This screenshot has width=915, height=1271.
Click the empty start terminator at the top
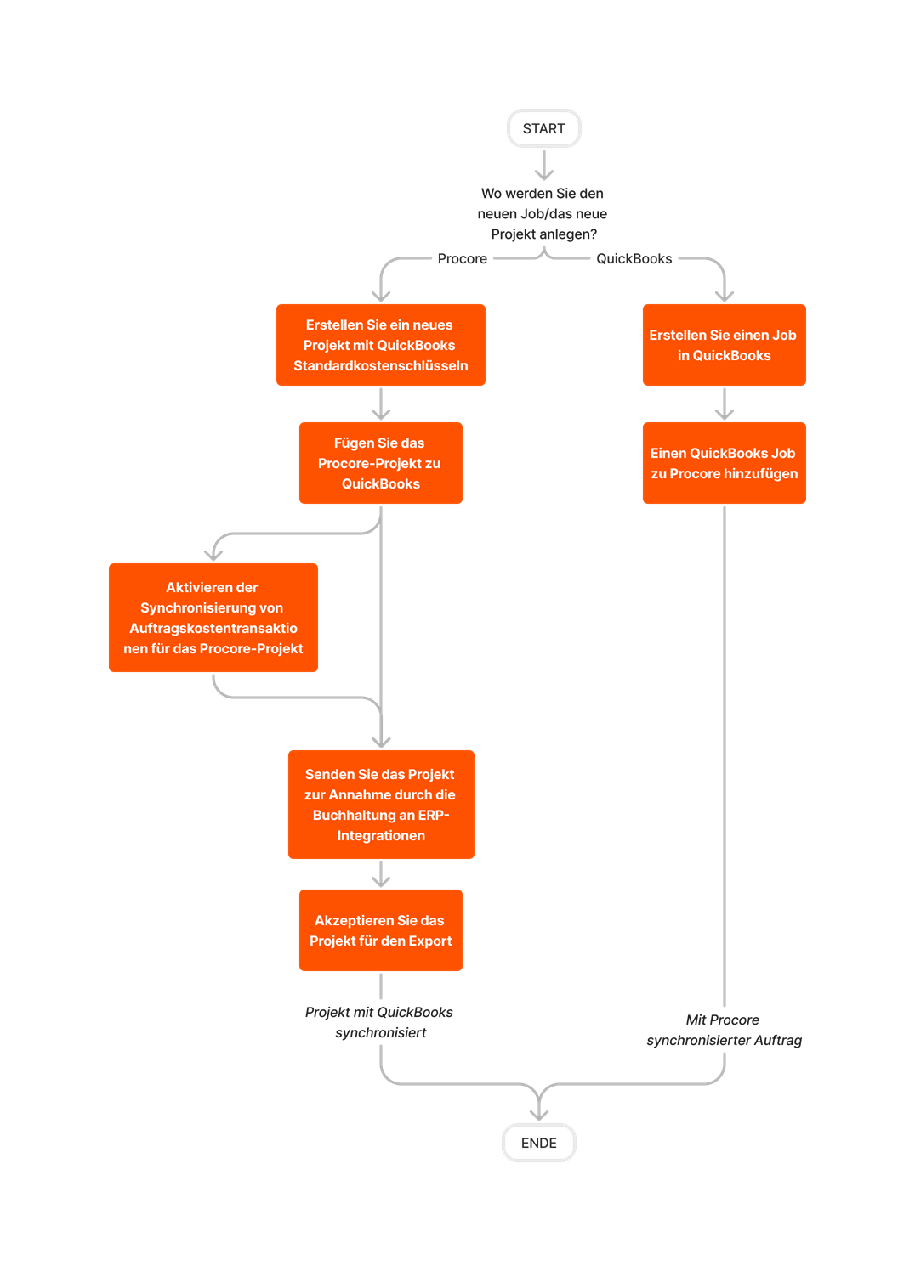(543, 128)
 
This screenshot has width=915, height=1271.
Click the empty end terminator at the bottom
(538, 1143)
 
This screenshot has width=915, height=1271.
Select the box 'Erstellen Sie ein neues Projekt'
(380, 345)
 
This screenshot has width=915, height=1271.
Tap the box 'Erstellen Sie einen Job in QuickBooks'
(724, 345)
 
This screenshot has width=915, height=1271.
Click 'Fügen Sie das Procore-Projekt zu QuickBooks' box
(380, 463)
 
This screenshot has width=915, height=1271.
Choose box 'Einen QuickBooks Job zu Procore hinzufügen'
(724, 463)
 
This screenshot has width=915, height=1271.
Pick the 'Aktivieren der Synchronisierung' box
(213, 618)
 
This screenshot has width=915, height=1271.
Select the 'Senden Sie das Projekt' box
(380, 805)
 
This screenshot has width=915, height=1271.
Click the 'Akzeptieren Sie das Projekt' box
(380, 930)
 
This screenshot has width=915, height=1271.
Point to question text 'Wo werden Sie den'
(543, 195)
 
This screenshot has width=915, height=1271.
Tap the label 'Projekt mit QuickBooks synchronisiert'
(379, 1022)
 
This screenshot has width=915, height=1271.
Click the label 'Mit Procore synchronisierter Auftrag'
(724, 1030)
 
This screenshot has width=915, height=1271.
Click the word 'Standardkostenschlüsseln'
(380, 365)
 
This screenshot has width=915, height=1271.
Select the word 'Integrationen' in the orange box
(380, 835)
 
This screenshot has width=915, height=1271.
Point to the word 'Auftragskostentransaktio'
(213, 628)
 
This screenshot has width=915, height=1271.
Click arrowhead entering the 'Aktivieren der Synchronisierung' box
(214, 554)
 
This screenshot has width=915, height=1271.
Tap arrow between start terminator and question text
(543, 165)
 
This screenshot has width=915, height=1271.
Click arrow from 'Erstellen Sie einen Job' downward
(724, 404)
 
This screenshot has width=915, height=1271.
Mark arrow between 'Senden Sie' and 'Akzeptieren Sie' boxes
(380, 874)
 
